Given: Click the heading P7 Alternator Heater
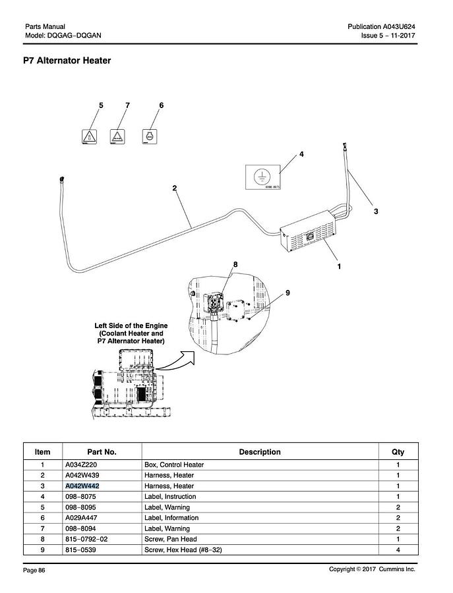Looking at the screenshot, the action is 67,61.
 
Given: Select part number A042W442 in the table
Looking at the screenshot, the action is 82,486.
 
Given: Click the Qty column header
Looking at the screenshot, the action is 398,452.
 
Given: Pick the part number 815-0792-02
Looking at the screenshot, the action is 86,539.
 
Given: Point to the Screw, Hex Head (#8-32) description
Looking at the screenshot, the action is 183,550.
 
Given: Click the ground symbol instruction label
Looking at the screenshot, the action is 263,177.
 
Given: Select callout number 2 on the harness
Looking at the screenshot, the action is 175,188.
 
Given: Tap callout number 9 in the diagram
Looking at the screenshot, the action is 287,293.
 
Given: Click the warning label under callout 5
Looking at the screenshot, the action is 89,136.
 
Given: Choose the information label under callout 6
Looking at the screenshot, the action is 150,136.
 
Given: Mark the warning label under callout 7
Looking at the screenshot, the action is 117,136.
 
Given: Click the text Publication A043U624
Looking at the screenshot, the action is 381,26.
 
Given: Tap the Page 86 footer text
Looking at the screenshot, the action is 34,570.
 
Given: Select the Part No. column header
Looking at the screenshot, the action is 102,452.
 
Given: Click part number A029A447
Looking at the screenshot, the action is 81,518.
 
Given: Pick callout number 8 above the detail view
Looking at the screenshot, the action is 235,264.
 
